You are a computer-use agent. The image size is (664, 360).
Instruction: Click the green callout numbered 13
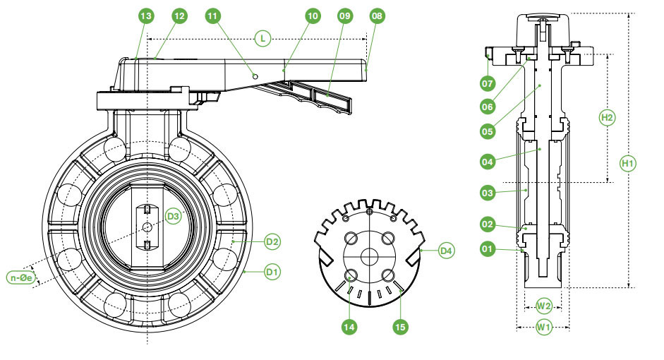(147, 16)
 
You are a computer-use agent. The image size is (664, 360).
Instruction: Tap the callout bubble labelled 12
(179, 16)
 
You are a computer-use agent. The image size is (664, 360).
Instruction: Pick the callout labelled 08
(377, 16)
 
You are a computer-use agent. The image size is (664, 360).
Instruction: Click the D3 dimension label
(174, 215)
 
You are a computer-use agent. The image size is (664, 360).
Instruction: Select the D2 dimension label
(272, 242)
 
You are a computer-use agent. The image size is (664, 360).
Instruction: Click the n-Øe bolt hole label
(21, 278)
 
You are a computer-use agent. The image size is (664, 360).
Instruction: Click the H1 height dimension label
(627, 164)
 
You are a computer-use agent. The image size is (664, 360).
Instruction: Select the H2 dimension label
(607, 116)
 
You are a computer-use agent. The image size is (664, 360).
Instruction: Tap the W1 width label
(543, 326)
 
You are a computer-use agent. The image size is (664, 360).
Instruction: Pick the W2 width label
(543, 306)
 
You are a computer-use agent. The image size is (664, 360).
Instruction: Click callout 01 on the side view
(486, 249)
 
